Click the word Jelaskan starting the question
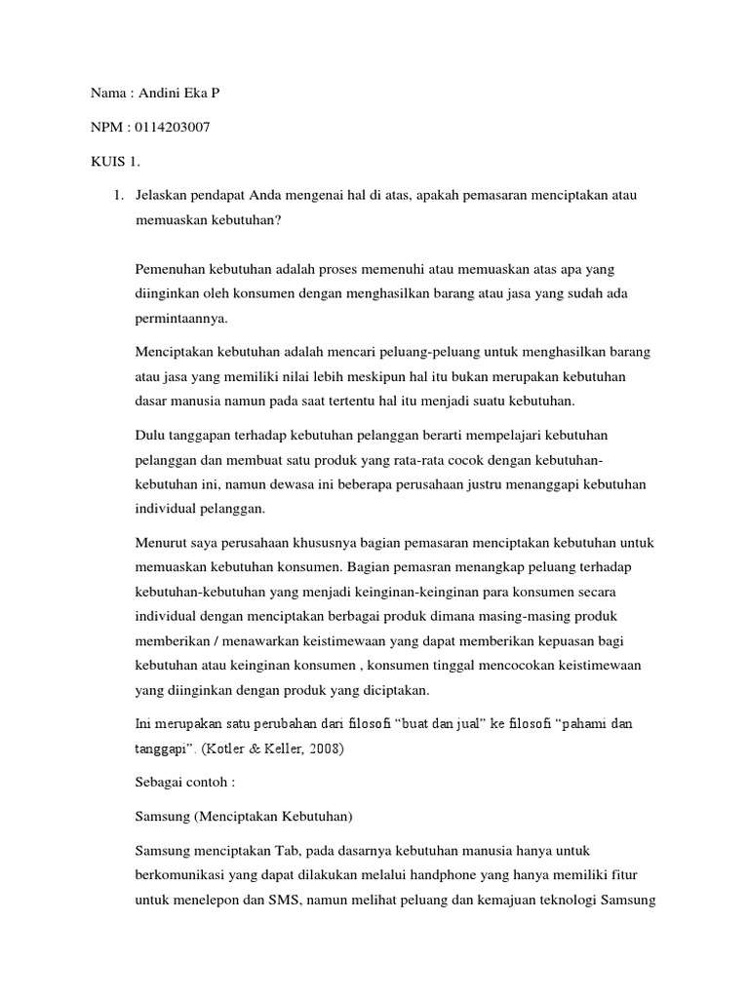(163, 197)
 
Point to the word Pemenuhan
(168, 268)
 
